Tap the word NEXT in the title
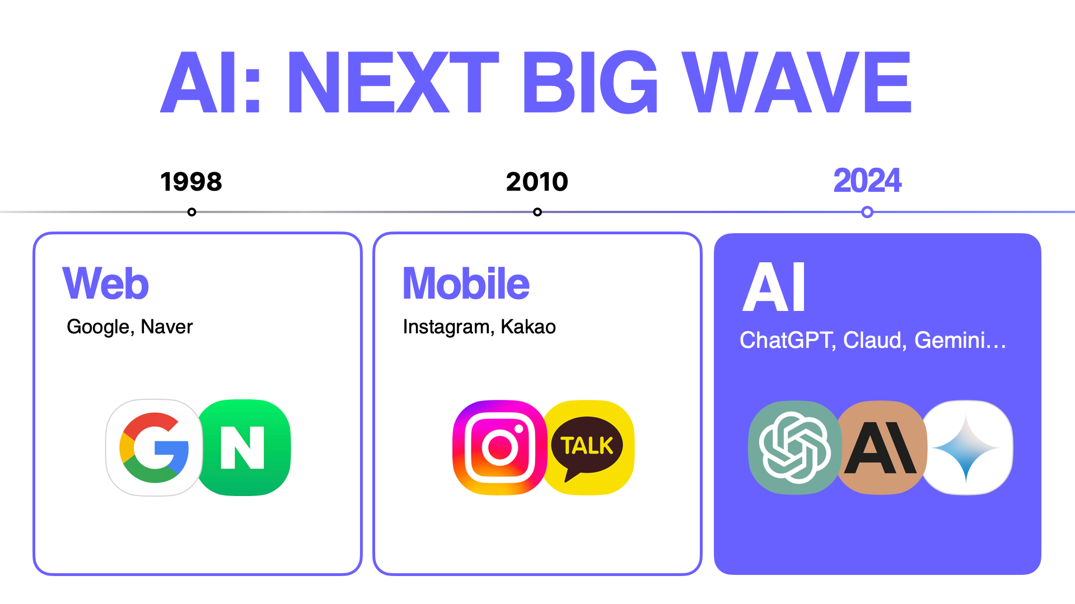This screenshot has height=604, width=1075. point(393,82)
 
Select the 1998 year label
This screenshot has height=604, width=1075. point(191,182)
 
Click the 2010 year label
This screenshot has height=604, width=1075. point(537,182)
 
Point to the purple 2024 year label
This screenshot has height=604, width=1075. point(867,181)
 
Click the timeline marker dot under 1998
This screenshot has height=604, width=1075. point(191,212)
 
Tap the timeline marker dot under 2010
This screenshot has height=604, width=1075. point(537,212)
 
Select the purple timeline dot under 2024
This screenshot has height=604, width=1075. point(867,212)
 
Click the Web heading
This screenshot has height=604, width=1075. point(106,283)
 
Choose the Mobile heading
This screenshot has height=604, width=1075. point(466,283)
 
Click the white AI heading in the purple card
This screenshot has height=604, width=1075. point(774,287)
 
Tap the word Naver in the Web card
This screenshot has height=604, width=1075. point(167,327)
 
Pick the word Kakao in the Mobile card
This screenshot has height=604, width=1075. point(528,327)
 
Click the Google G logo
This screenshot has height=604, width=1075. point(154,447)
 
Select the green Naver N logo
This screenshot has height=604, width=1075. point(244,447)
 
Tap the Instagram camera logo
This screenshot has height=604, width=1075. point(500,447)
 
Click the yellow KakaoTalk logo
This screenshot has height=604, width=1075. point(587,447)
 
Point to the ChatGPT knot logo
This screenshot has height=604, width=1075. point(795,447)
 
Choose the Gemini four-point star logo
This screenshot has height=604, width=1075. point(966,447)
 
